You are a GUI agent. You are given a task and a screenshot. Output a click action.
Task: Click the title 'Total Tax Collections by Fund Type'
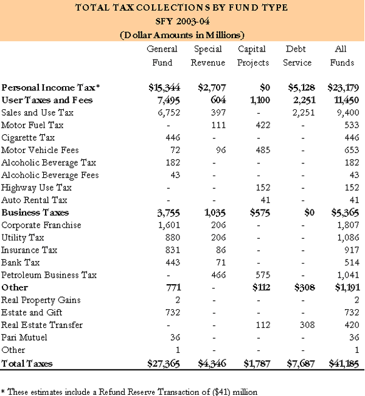click(182, 8)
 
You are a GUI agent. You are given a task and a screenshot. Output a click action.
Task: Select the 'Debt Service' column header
click(298, 56)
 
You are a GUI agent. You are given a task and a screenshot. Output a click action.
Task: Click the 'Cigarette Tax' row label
click(27, 137)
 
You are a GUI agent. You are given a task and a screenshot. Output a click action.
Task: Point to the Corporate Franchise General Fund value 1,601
click(166, 225)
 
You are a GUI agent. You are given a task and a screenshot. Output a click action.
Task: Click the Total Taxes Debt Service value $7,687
click(298, 363)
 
